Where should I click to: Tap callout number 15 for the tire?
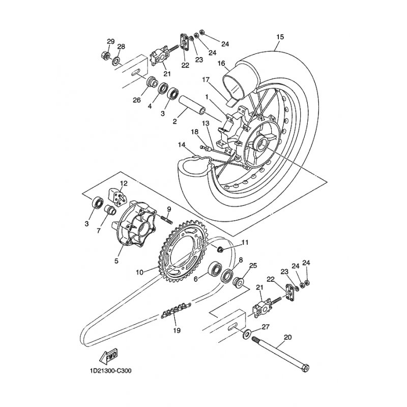tap(280, 37)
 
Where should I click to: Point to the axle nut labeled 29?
tap(105, 55)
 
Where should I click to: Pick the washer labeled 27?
tap(246, 334)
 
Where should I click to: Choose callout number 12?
tap(124, 184)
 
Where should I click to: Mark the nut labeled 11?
tap(221, 250)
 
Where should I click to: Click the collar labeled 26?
tap(152, 82)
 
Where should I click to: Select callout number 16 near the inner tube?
tap(221, 64)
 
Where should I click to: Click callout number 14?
tap(182, 145)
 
